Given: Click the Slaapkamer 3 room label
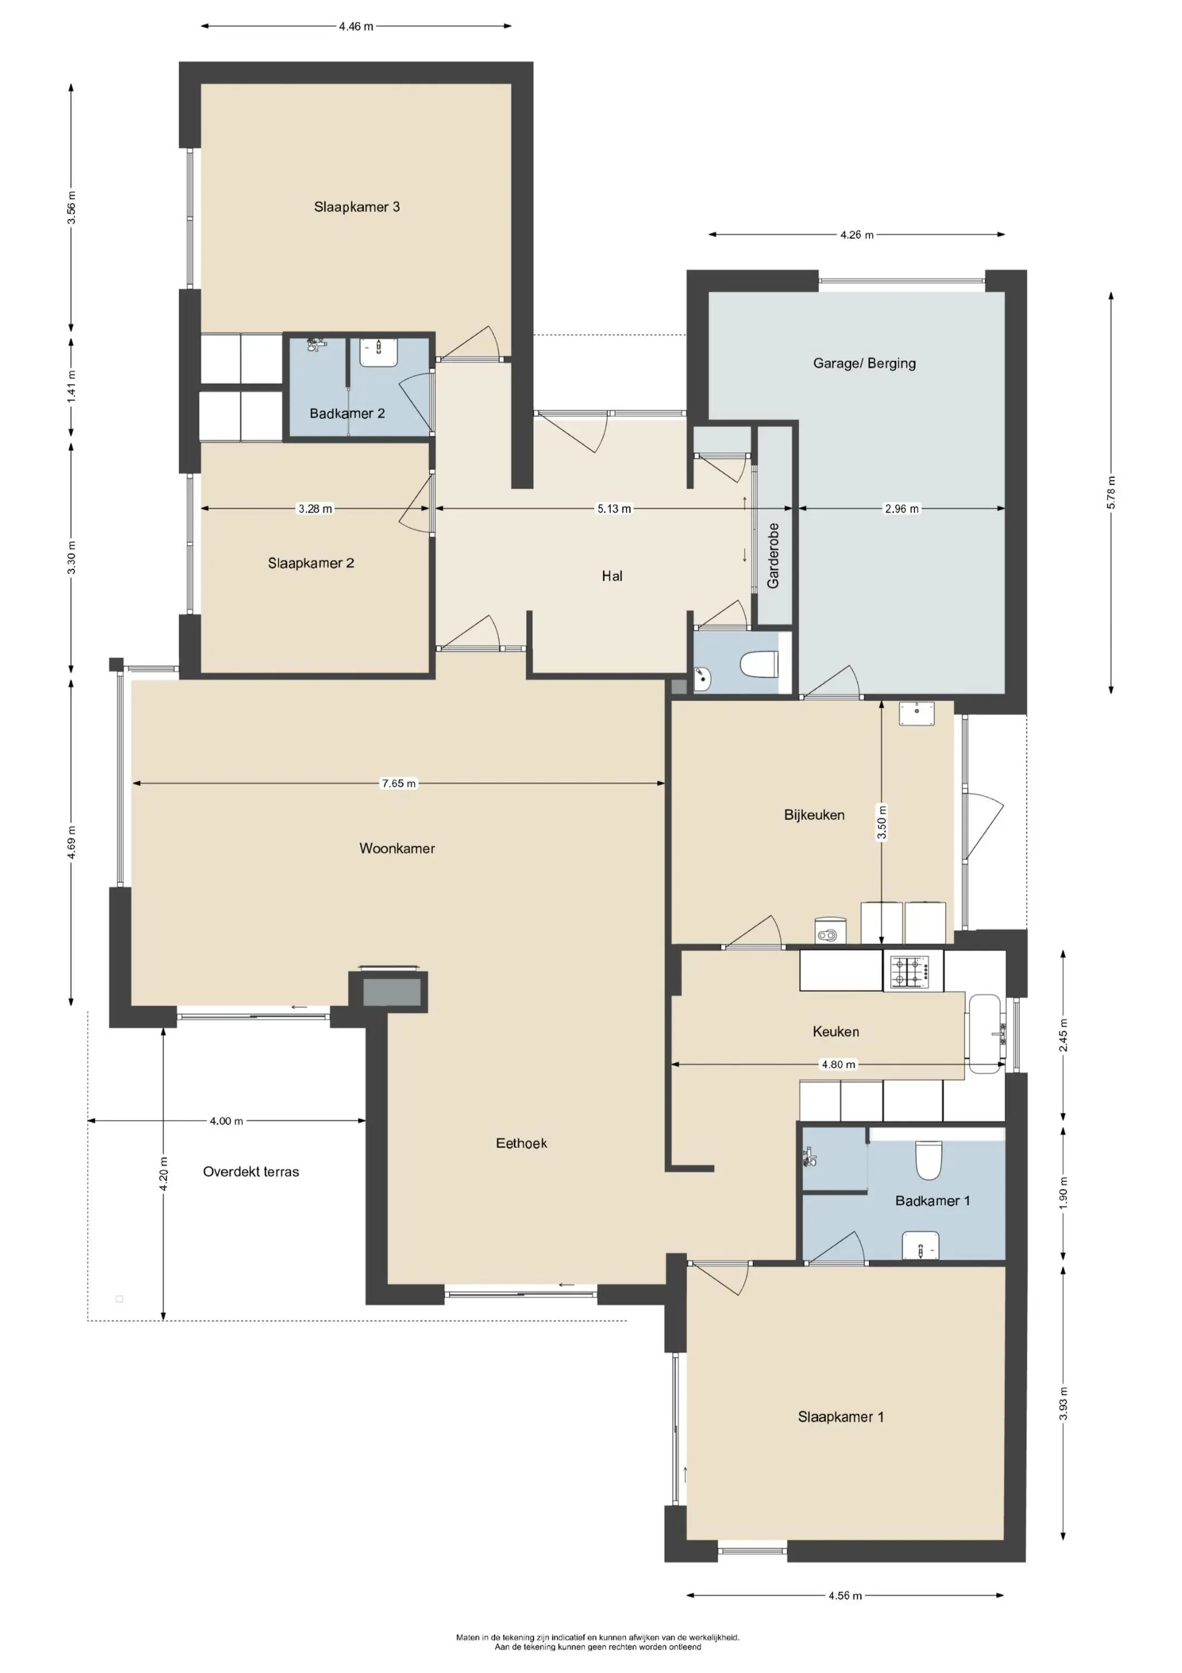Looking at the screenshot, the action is point(357,207).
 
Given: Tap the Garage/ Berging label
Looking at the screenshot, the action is point(864,363).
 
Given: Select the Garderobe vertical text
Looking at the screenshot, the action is point(773,555).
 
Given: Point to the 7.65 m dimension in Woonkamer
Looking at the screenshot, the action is point(399,784).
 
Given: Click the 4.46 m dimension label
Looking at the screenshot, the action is point(356,26).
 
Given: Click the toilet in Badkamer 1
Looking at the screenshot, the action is point(928,1159).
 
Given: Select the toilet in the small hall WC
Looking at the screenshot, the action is point(760,664).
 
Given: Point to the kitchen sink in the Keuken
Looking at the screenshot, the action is point(987,1034).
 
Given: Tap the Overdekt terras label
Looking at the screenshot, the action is point(251,1172).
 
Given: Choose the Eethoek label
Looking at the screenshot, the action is point(522,1143).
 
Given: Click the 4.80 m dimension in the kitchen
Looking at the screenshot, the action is point(839,1065).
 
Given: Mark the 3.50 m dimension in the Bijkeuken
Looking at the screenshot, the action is point(882,823).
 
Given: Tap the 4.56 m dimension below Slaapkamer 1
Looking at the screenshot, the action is point(845,1595).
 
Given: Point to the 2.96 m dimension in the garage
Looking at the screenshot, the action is point(902,509).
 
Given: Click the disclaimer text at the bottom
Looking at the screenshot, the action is point(598,1642).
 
